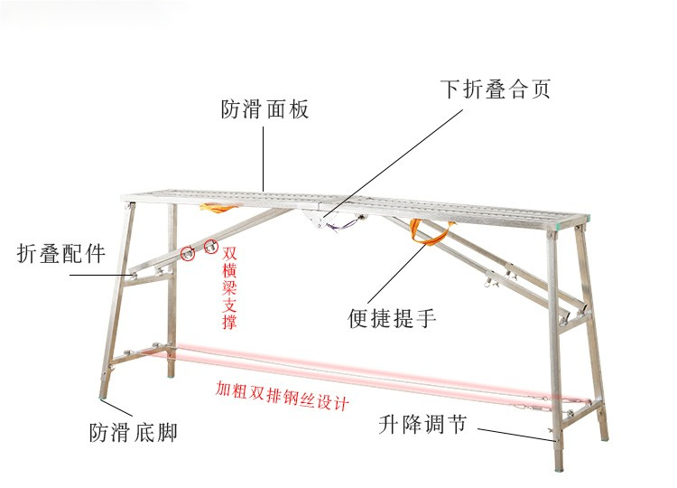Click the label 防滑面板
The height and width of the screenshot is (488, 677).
coord(264,110)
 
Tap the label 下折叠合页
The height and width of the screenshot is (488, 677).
coord(495,89)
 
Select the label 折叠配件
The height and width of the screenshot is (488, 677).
coord(61,254)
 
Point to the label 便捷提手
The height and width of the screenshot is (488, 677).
coord(393,318)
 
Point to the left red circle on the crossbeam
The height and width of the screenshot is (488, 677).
coord(189,253)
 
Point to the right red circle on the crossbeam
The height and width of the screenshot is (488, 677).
coord(212,244)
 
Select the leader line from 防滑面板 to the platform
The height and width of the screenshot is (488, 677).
coord(264,157)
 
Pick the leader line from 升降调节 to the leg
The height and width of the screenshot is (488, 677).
coord(515,433)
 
